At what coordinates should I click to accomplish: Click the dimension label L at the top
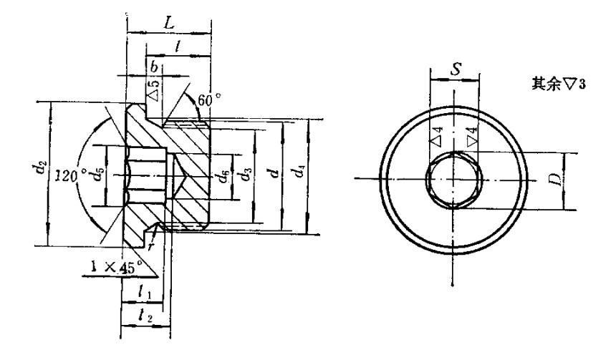pyautogui.click(x=169, y=22)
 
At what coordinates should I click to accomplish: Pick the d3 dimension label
pyautogui.click(x=245, y=174)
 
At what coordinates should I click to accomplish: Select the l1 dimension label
pyautogui.click(x=143, y=292)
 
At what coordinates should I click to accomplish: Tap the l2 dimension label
pyautogui.click(x=143, y=315)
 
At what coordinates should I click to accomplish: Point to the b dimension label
pyautogui.click(x=153, y=66)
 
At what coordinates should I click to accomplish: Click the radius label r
pyautogui.click(x=151, y=244)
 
